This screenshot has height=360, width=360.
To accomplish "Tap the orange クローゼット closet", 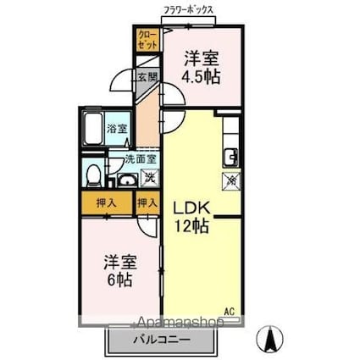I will [147, 39].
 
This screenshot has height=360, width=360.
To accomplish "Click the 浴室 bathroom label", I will [116, 130].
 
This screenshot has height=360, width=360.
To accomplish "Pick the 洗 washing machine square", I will [148, 177].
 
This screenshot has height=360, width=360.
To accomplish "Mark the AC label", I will [229, 309].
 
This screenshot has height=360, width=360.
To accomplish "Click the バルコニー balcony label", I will [161, 341].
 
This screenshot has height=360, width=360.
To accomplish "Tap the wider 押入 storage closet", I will [106, 203].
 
